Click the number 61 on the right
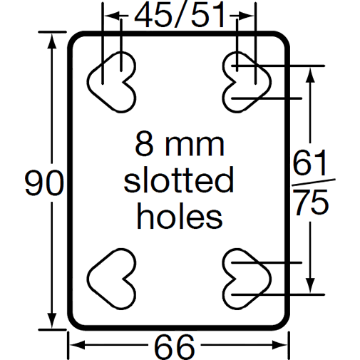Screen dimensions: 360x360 [x=311, y=166]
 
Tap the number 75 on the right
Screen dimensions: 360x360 [x=311, y=202]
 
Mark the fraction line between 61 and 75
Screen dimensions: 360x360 [x=311, y=184]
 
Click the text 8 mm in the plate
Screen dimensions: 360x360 [x=179, y=145]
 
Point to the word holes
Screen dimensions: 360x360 [x=179, y=215]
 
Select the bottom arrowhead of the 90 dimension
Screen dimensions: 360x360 [x=51, y=322]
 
